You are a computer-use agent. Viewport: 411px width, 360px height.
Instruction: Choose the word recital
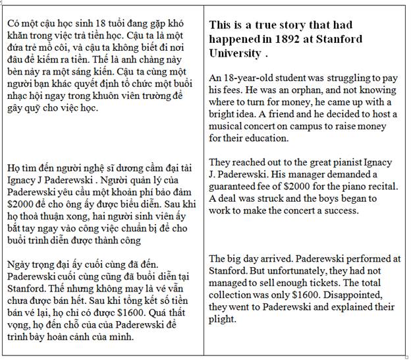click(380, 186)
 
